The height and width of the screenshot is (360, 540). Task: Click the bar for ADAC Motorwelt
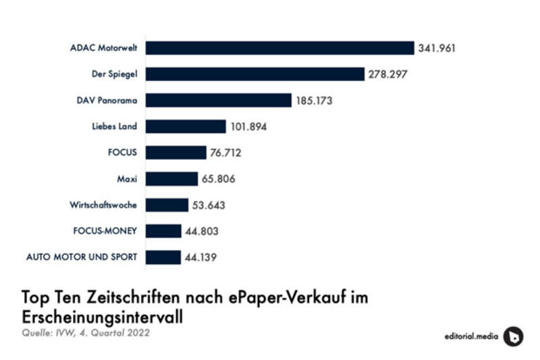click(x=279, y=48)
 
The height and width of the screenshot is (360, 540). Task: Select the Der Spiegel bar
click(x=255, y=74)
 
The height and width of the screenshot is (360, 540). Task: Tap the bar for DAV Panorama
click(x=219, y=101)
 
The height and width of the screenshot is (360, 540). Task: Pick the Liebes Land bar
click(x=186, y=126)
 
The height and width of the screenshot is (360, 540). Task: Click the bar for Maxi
click(x=171, y=179)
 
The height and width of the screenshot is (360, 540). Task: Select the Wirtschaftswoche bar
click(x=167, y=205)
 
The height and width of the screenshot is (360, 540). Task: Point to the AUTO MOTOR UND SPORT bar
click(x=163, y=257)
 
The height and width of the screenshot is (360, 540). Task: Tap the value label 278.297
click(x=388, y=74)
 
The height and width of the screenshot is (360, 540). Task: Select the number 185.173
click(x=315, y=101)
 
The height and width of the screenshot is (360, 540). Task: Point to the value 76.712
click(x=226, y=153)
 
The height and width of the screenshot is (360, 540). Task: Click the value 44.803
click(x=202, y=231)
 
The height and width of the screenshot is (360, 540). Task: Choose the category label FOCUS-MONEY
click(x=105, y=231)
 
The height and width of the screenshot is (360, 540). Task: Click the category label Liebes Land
click(x=114, y=126)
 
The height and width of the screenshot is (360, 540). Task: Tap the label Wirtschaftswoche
click(x=103, y=205)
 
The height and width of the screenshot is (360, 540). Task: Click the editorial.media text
click(x=469, y=336)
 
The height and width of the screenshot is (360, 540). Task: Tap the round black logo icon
click(x=513, y=336)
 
